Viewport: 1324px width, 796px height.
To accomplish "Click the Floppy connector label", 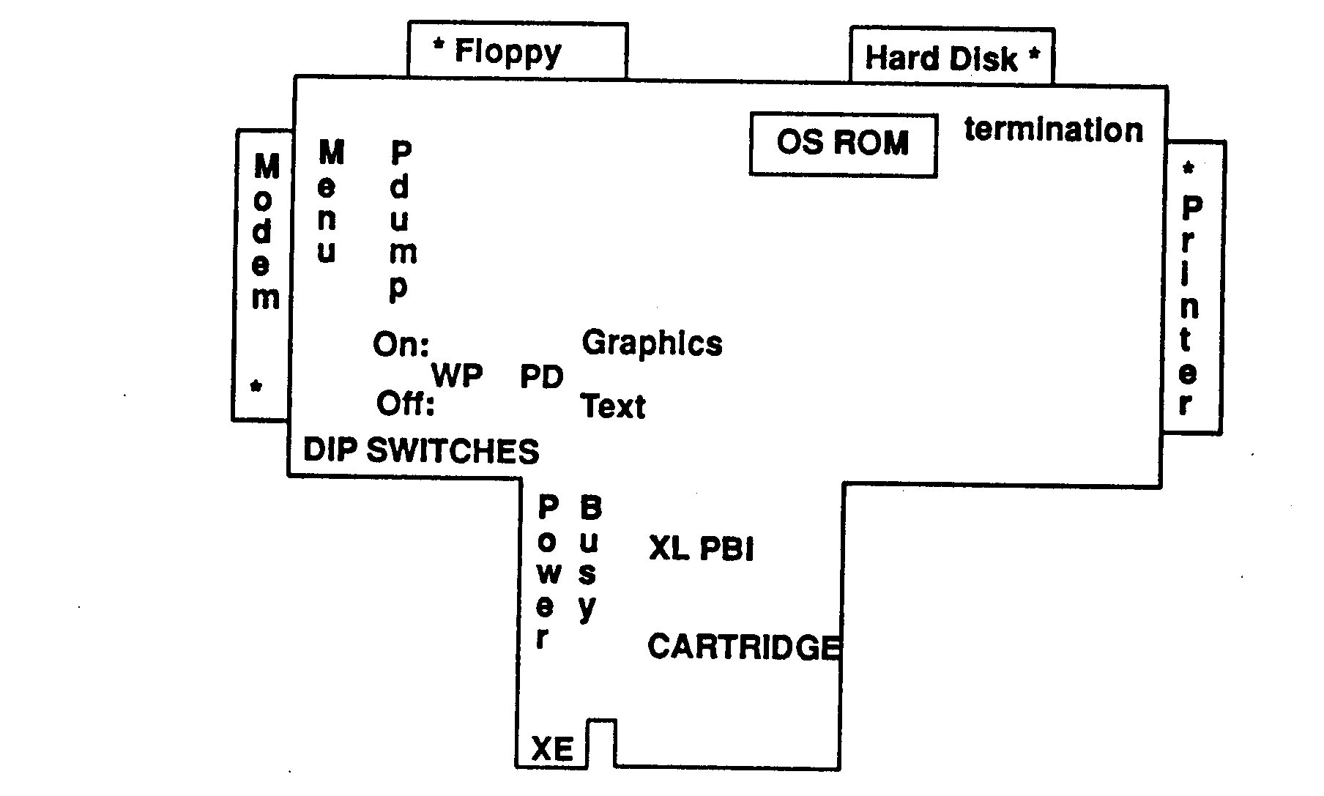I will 507,52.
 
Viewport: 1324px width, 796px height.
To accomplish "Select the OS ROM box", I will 843,143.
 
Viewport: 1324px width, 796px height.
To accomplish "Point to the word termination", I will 1053,130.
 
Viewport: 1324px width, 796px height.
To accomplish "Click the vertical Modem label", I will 265,231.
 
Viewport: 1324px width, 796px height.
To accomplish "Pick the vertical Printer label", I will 1190,305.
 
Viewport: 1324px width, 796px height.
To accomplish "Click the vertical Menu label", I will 330,202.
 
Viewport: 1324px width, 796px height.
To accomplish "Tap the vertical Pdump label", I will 401,220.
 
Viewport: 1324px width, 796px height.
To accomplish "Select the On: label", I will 401,344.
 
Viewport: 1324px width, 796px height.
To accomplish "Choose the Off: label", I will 405,403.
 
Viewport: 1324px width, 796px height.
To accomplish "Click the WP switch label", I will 457,376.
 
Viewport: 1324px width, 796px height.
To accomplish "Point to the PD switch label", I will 542,377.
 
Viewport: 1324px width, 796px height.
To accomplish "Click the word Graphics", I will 652,343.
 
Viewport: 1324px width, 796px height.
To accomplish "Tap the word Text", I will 613,406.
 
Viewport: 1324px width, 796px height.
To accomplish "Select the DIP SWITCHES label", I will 421,451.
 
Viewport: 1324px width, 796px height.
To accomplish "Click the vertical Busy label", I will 589,558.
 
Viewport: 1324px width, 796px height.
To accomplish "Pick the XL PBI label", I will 701,549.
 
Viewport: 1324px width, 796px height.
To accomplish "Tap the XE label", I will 552,749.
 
